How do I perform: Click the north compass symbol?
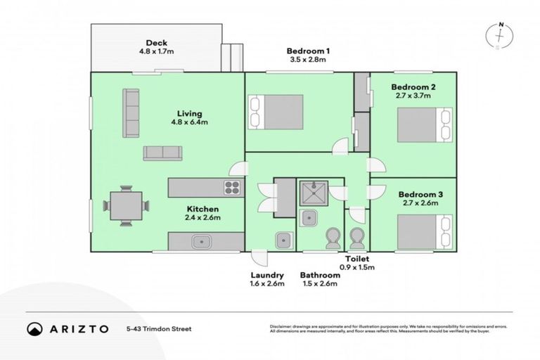click(499, 35)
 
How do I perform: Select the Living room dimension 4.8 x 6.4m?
click(190, 122)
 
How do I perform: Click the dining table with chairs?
click(127, 205)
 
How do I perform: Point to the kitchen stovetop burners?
click(232, 187)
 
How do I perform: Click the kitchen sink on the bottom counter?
click(201, 241)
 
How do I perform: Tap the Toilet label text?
click(356, 259)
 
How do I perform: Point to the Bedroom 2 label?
click(413, 87)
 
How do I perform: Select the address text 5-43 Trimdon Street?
click(159, 328)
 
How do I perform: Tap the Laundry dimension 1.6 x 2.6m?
click(266, 284)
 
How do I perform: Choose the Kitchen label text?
click(202, 209)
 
